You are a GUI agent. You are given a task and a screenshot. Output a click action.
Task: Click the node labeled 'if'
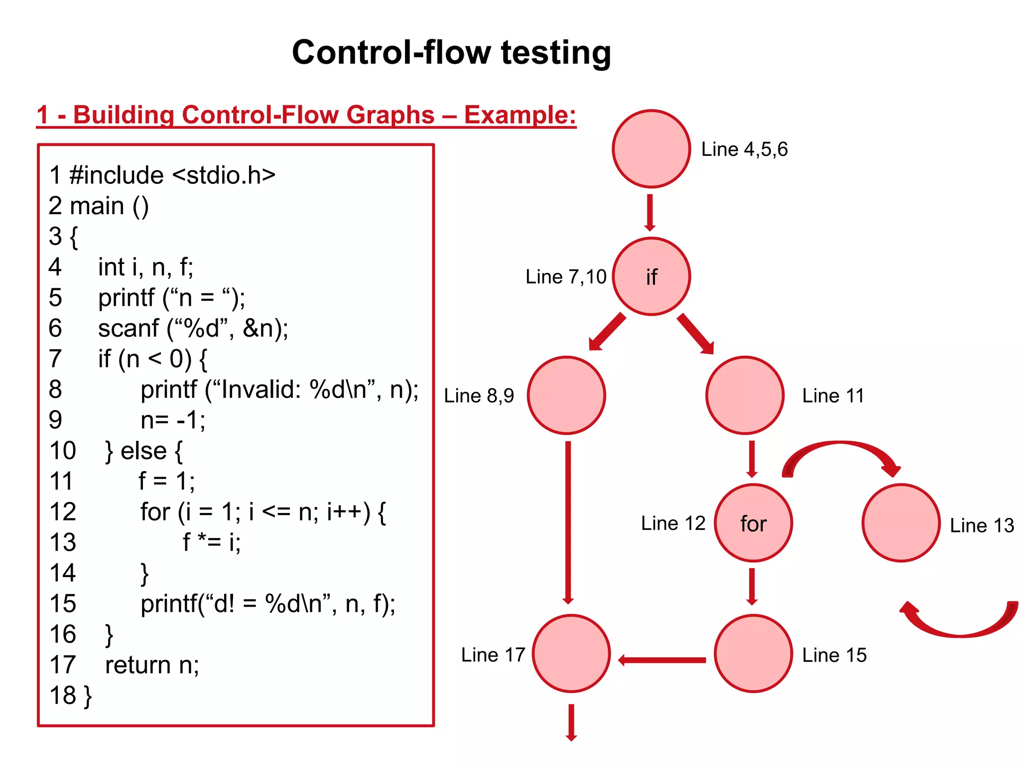click(x=651, y=276)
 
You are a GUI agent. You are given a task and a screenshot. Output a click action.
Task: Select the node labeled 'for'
click(x=753, y=523)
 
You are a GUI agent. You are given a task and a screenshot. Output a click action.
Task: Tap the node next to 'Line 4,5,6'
click(x=651, y=149)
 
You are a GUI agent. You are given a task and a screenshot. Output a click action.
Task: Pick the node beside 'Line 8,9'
click(x=566, y=395)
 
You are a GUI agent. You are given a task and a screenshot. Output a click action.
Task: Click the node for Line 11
click(x=745, y=395)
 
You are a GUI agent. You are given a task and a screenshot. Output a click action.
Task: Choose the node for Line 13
click(x=901, y=523)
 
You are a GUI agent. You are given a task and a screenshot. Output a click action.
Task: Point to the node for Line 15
click(x=753, y=653)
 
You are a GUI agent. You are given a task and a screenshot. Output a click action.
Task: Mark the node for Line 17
click(x=571, y=653)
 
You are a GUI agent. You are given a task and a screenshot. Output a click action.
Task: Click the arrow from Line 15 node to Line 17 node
click(x=662, y=660)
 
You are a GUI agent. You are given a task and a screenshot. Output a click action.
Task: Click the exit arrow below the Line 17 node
click(x=571, y=722)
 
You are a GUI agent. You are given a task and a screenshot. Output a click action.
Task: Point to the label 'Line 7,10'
click(x=566, y=277)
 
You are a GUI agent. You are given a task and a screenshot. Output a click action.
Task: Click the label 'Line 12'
click(x=673, y=523)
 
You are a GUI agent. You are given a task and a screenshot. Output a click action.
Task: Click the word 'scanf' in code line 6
click(x=128, y=329)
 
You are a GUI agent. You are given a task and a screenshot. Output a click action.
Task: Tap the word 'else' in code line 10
click(x=143, y=451)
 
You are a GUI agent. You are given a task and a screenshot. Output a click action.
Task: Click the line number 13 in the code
click(x=63, y=542)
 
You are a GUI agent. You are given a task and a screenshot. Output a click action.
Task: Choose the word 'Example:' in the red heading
click(x=520, y=115)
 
